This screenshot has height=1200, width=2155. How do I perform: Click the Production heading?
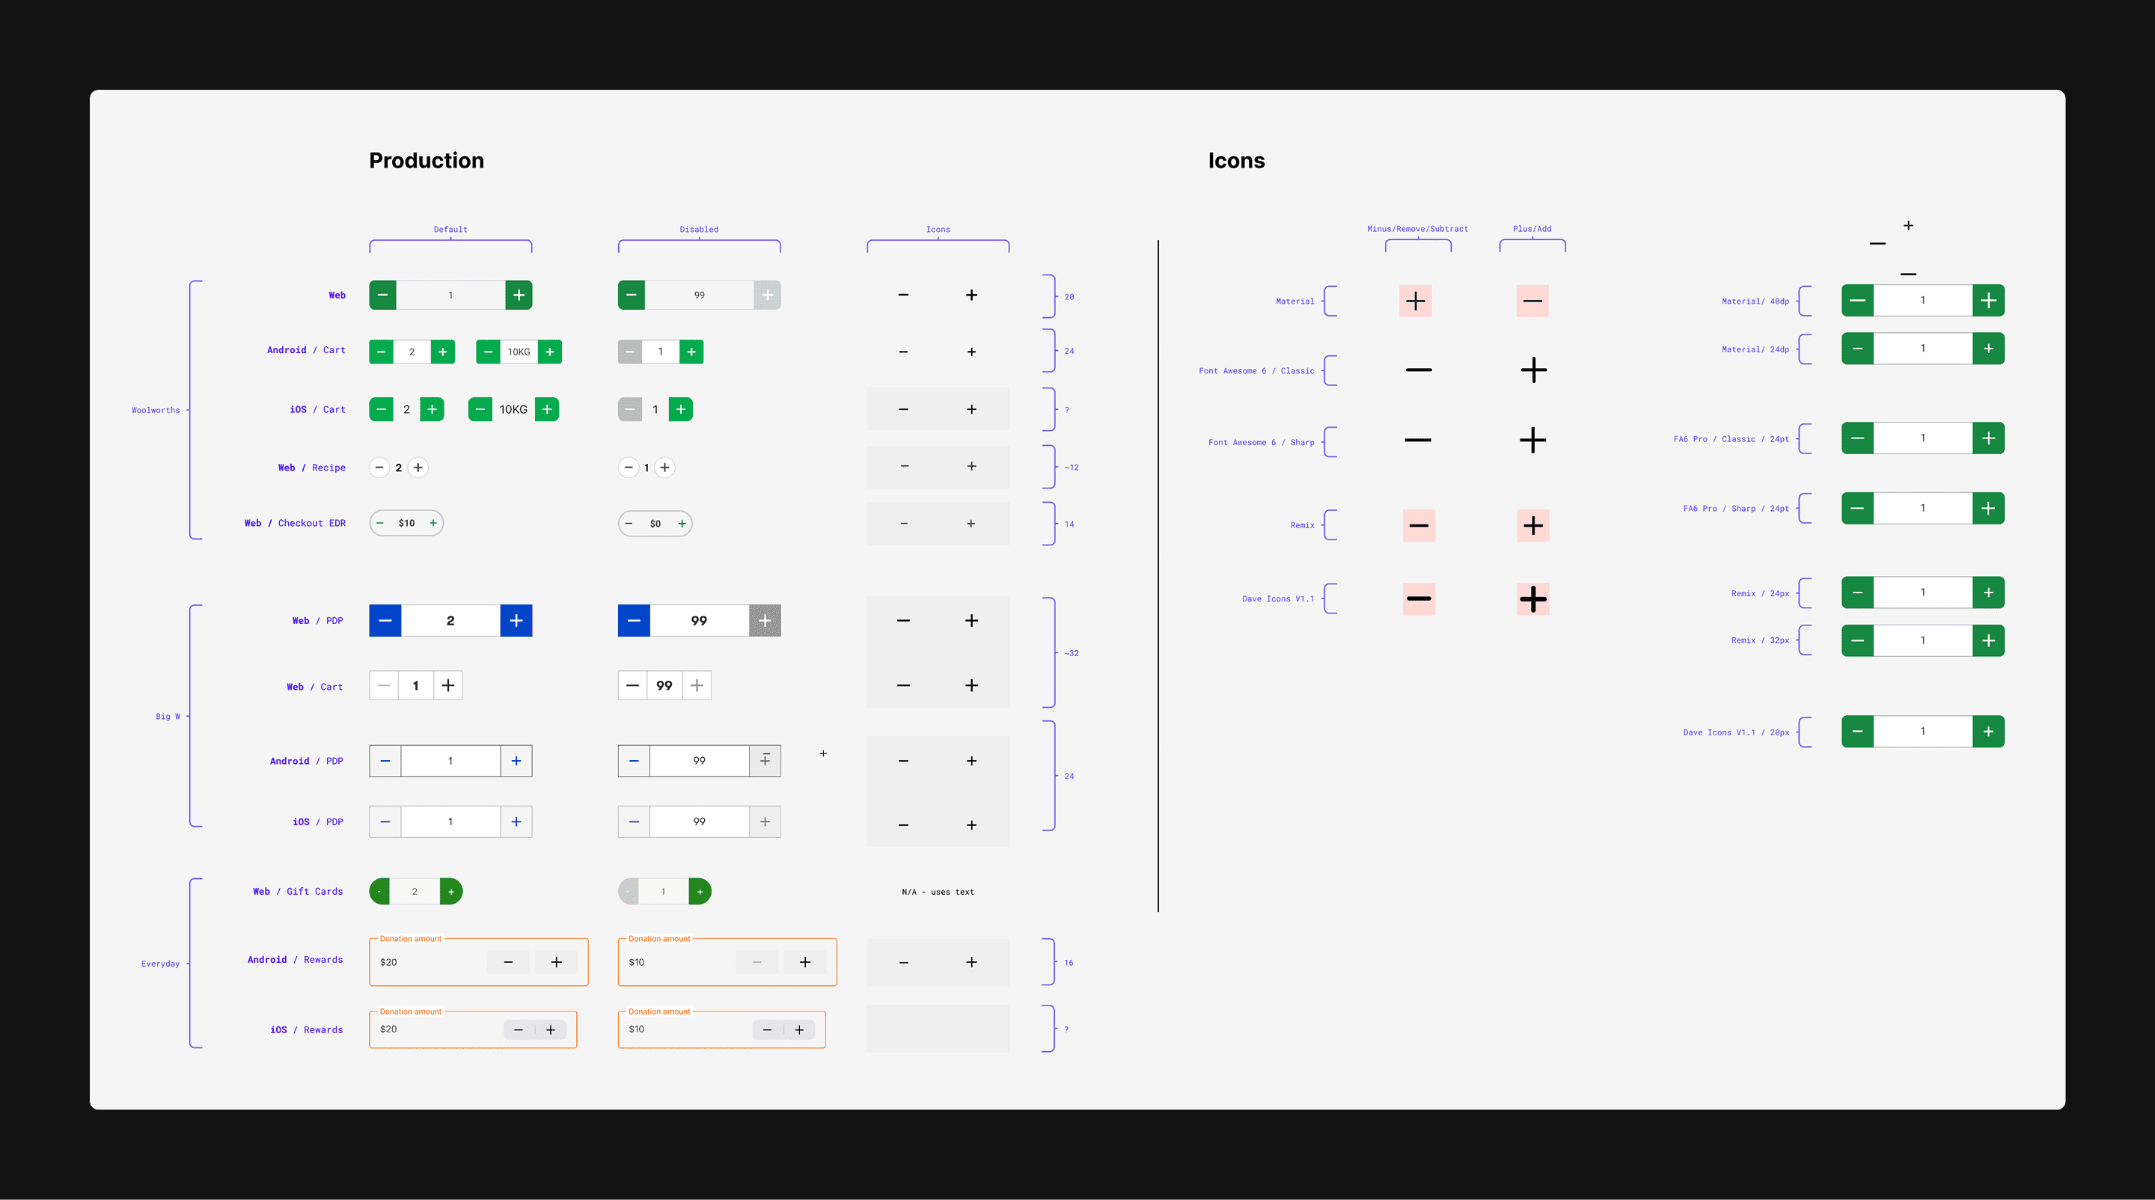tap(426, 161)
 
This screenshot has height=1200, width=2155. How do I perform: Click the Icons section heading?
tap(1235, 161)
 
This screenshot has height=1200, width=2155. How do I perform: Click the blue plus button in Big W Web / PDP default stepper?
tap(516, 620)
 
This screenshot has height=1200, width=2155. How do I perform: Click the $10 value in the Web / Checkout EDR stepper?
tap(406, 524)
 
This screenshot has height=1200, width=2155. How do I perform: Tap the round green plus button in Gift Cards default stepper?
tap(451, 892)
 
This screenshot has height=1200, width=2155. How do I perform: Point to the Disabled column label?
tap(699, 229)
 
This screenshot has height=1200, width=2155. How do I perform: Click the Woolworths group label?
tap(156, 411)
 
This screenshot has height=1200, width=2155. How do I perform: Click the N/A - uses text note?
tap(938, 893)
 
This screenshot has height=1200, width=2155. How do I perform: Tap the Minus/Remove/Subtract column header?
tap(1417, 229)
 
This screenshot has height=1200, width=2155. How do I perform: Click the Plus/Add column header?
tap(1532, 229)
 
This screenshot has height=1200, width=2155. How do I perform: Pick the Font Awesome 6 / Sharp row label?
tap(1261, 442)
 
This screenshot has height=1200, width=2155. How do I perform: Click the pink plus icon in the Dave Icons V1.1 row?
tap(1532, 599)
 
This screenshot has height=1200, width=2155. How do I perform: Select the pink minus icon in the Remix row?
tap(1419, 526)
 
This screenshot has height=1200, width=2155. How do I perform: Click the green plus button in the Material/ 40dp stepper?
tap(1989, 301)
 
